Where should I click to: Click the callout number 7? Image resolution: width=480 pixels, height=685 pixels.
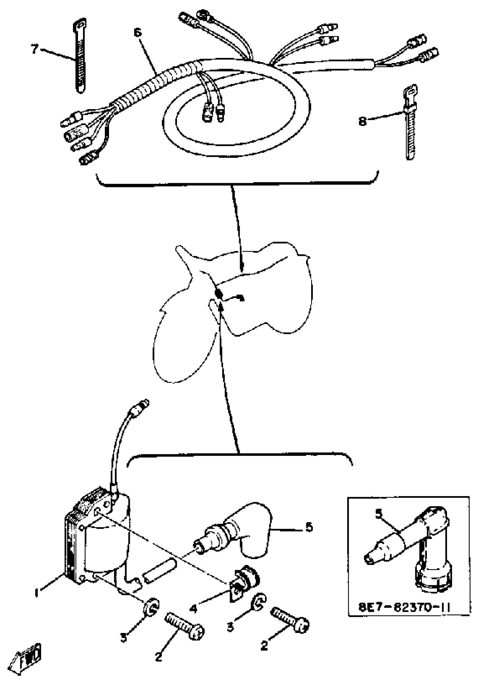pyautogui.click(x=35, y=49)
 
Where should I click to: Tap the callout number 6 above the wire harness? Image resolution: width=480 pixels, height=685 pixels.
pyautogui.click(x=138, y=32)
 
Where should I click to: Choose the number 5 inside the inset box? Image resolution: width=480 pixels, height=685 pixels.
pyautogui.click(x=378, y=514)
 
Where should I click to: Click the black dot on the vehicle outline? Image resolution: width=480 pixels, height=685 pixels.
pyautogui.click(x=219, y=293)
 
